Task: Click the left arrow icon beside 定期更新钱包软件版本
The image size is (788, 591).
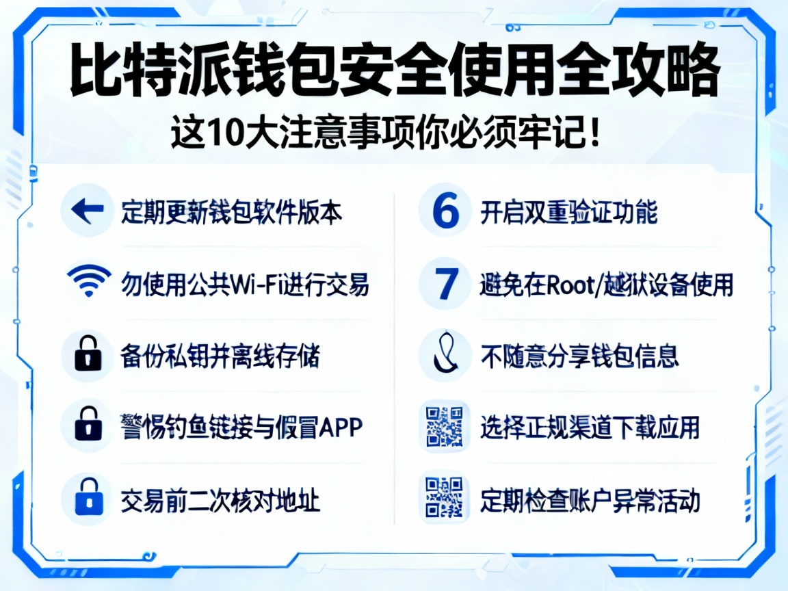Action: tap(87, 211)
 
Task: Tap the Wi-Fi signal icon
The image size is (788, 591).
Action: tap(89, 281)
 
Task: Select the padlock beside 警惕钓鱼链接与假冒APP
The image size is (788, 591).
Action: tap(87, 426)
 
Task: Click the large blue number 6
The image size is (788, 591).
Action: tap(445, 211)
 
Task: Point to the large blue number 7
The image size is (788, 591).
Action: tap(445, 283)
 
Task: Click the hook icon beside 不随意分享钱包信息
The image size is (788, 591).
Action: tap(445, 355)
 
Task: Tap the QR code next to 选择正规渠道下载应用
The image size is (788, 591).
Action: tap(445, 426)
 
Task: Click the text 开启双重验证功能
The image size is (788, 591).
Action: tap(568, 213)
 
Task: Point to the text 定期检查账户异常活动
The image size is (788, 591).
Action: tap(590, 500)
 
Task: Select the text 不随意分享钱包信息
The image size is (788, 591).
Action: tap(579, 356)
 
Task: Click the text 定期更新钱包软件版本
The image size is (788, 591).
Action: tap(231, 212)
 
